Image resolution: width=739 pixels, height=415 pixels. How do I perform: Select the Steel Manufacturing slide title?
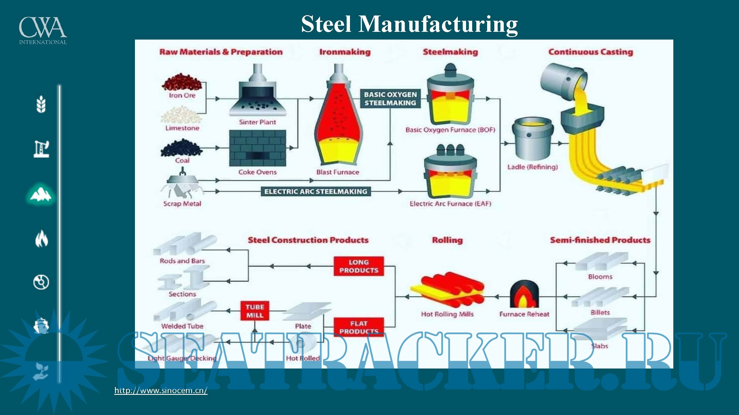(409, 24)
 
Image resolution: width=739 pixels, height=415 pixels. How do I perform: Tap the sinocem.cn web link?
(161, 390)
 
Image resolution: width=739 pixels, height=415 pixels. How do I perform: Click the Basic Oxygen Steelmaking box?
(390, 99)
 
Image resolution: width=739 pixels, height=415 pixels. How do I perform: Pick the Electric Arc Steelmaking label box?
(316, 192)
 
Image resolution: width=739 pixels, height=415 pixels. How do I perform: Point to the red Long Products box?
(359, 266)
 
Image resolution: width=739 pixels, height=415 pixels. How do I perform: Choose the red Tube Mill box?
(255, 311)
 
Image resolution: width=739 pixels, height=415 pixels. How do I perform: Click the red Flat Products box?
(359, 327)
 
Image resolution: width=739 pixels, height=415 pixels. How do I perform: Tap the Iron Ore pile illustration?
(182, 82)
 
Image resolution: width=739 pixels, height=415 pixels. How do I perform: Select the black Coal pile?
(181, 148)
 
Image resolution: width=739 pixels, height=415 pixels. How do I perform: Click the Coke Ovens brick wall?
(257, 148)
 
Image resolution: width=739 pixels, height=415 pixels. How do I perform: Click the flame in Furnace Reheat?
(524, 295)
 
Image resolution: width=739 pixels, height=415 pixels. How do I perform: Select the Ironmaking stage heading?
(345, 52)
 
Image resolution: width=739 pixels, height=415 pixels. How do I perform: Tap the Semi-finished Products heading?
(600, 240)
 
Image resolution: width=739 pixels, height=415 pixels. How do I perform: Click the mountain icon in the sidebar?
(41, 194)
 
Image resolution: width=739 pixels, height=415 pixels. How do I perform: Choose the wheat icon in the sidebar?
(41, 104)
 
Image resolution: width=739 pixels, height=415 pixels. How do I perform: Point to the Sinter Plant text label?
(257, 122)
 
